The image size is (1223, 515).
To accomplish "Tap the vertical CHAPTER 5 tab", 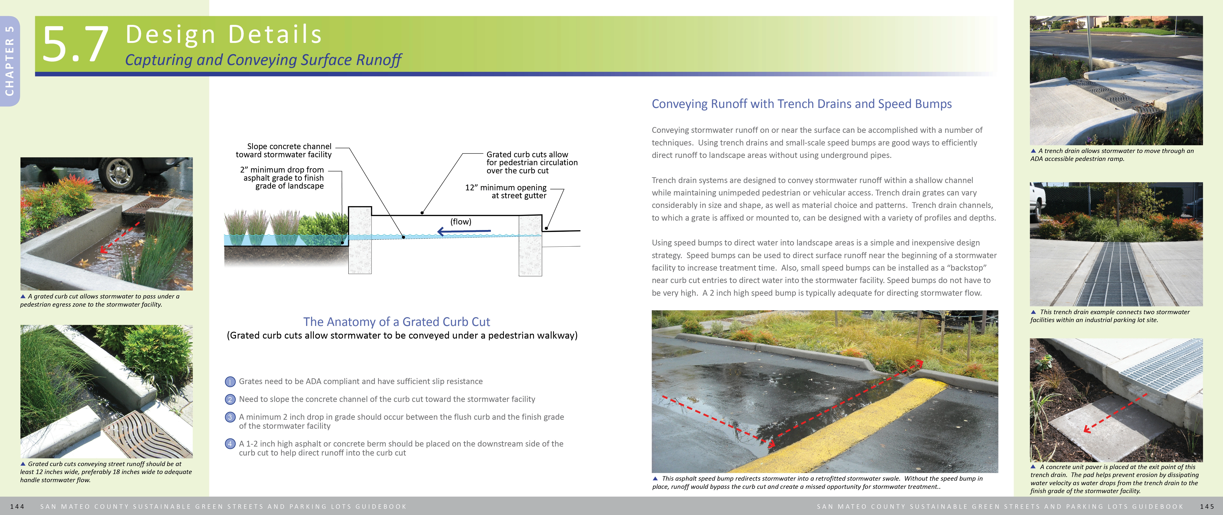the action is point(9,61).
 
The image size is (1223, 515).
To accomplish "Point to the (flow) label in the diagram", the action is point(460,222).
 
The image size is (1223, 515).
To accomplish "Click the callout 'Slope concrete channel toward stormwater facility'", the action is point(284,150).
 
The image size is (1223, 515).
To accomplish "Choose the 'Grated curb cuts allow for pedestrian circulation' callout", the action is point(532,162).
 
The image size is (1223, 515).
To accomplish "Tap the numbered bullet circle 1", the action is point(230,382).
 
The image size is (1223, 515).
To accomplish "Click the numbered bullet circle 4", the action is point(230,444).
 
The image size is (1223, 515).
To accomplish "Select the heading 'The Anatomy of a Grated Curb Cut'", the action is point(397,322).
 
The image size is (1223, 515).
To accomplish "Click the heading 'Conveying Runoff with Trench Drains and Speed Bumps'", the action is point(801,104).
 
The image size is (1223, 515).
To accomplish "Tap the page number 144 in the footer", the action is point(17,506).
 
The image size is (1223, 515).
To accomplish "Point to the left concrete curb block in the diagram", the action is point(360,240).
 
